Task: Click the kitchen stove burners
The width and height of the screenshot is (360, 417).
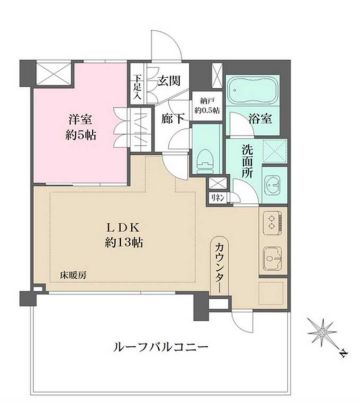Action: tap(271, 222)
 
